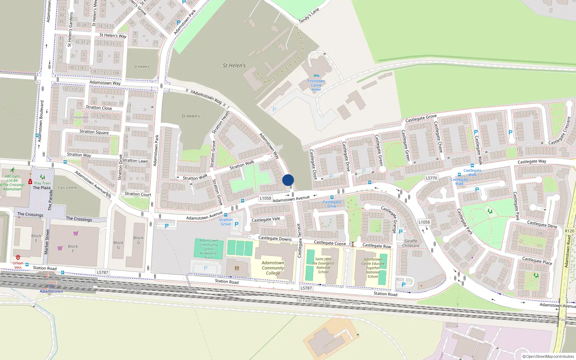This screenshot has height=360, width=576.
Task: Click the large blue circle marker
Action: [x=288, y=180]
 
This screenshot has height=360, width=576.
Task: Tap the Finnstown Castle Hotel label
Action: [x=316, y=85]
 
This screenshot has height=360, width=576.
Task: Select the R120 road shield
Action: [x=570, y=231]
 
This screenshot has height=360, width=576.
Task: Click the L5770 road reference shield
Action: [x=431, y=178]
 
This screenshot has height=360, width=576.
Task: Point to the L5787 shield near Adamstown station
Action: [x=103, y=273]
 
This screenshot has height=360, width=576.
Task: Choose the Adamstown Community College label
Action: [x=273, y=268]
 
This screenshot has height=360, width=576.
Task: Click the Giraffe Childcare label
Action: [x=411, y=243]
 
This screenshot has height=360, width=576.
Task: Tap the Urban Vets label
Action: [x=18, y=265]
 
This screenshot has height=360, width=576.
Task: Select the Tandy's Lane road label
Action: [x=309, y=16]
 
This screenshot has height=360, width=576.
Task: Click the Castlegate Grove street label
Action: [x=421, y=118]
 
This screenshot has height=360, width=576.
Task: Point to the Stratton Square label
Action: [x=94, y=132]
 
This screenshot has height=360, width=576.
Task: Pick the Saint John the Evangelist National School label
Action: [x=323, y=265]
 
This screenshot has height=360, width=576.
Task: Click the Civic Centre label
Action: [x=67, y=188]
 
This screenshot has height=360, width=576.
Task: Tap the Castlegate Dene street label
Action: [x=542, y=224]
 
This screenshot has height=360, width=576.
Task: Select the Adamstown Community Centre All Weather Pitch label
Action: [x=209, y=249]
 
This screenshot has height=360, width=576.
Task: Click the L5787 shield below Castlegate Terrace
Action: [x=306, y=288]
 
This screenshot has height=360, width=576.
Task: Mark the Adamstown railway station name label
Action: [x=51, y=291]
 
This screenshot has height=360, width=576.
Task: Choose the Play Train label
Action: [x=42, y=183]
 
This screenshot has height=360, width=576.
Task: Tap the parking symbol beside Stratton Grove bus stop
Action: [x=237, y=224]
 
